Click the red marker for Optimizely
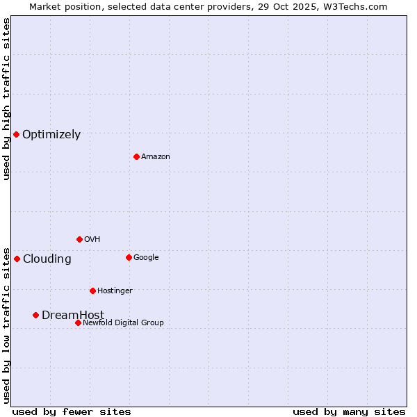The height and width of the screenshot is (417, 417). pyautogui.click(x=16, y=134)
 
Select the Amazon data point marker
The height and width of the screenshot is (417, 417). pyautogui.click(x=136, y=156)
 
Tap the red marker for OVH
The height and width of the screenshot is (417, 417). pyautogui.click(x=79, y=239)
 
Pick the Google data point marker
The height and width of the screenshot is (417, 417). pyautogui.click(x=129, y=257)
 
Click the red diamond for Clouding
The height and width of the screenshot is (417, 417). pyautogui.click(x=17, y=259)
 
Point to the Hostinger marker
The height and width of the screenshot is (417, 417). pyautogui.click(x=92, y=291)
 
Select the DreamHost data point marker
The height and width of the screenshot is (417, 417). pyautogui.click(x=35, y=315)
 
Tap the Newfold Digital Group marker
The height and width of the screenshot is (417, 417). pyautogui.click(x=78, y=322)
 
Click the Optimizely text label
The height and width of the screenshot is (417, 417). pyautogui.click(x=51, y=135)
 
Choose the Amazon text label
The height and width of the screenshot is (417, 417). pyautogui.click(x=156, y=157)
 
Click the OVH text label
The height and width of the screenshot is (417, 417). pyautogui.click(x=92, y=240)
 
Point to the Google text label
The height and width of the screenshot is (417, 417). pyautogui.click(x=146, y=258)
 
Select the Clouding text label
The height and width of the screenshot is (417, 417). pyautogui.click(x=47, y=259)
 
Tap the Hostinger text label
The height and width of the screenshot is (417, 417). pyautogui.click(x=115, y=291)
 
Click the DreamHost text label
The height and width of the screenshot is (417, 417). pyautogui.click(x=73, y=316)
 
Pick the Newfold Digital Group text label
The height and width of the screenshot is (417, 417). pyautogui.click(x=123, y=323)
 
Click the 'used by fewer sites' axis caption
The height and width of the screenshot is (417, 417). pyautogui.click(x=72, y=411)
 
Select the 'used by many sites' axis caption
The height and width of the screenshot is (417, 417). pyautogui.click(x=349, y=411)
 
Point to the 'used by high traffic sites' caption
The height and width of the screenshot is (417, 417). pyautogui.click(x=6, y=99)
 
